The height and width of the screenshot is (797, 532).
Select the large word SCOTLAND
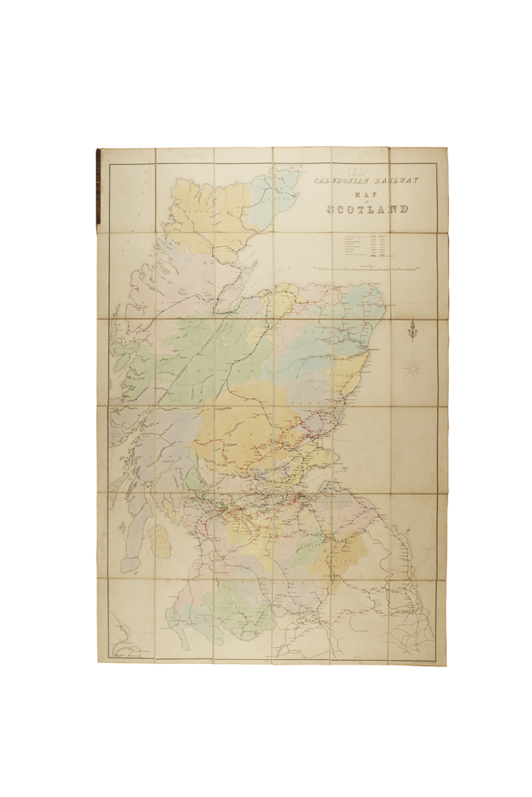point(367,210)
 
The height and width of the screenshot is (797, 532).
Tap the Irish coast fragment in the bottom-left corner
point(120,638)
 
